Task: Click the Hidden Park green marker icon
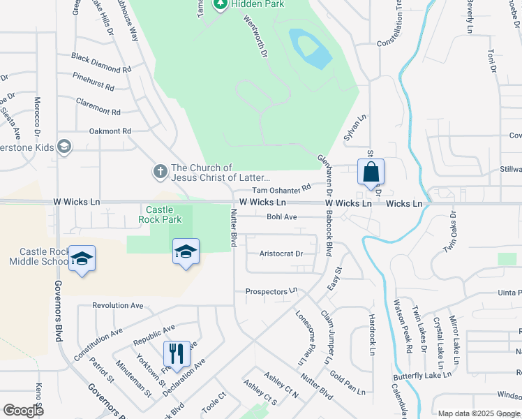pyautogui.click(x=221, y=4)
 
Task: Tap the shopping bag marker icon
pyautogui.click(x=371, y=172)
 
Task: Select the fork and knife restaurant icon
pyautogui.click(x=177, y=353)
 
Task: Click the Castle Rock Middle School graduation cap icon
pyautogui.click(x=82, y=260)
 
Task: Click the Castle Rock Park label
pyautogui.click(x=163, y=214)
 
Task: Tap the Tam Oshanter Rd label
pyautogui.click(x=281, y=189)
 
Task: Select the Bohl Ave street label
pyautogui.click(x=282, y=217)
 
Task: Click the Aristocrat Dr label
pyautogui.click(x=281, y=254)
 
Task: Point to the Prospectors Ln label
pyautogui.click(x=271, y=291)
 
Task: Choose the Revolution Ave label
pyautogui.click(x=117, y=305)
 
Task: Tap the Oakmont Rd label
pyautogui.click(x=110, y=131)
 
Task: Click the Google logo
pyautogui.click(x=24, y=411)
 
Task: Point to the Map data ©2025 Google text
pyautogui.click(x=478, y=413)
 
